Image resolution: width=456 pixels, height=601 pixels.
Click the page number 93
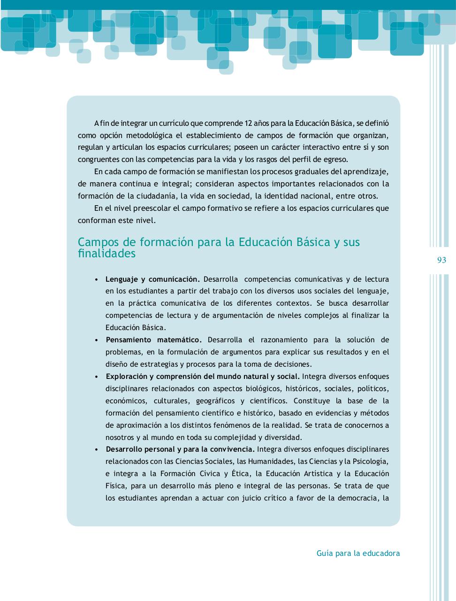441,260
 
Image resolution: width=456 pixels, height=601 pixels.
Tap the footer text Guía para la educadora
358,553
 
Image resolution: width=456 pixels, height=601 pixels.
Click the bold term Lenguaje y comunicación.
153,279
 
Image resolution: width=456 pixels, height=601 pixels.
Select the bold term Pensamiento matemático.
154,339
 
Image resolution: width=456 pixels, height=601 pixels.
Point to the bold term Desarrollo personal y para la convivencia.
181,449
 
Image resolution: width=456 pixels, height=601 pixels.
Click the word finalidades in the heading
106,254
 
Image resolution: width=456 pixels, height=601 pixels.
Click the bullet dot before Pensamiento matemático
96,340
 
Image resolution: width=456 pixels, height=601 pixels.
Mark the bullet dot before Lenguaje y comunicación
96,279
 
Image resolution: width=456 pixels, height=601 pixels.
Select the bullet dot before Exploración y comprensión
96,377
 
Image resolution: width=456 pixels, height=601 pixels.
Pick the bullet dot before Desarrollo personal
96,449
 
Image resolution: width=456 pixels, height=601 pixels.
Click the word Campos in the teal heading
96,242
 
